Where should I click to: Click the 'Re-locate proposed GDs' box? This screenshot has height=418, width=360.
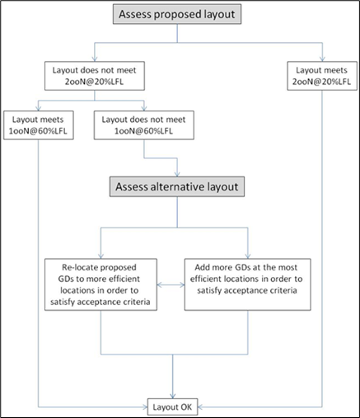[100, 284]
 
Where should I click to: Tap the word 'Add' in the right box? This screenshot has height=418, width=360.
[203, 266]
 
